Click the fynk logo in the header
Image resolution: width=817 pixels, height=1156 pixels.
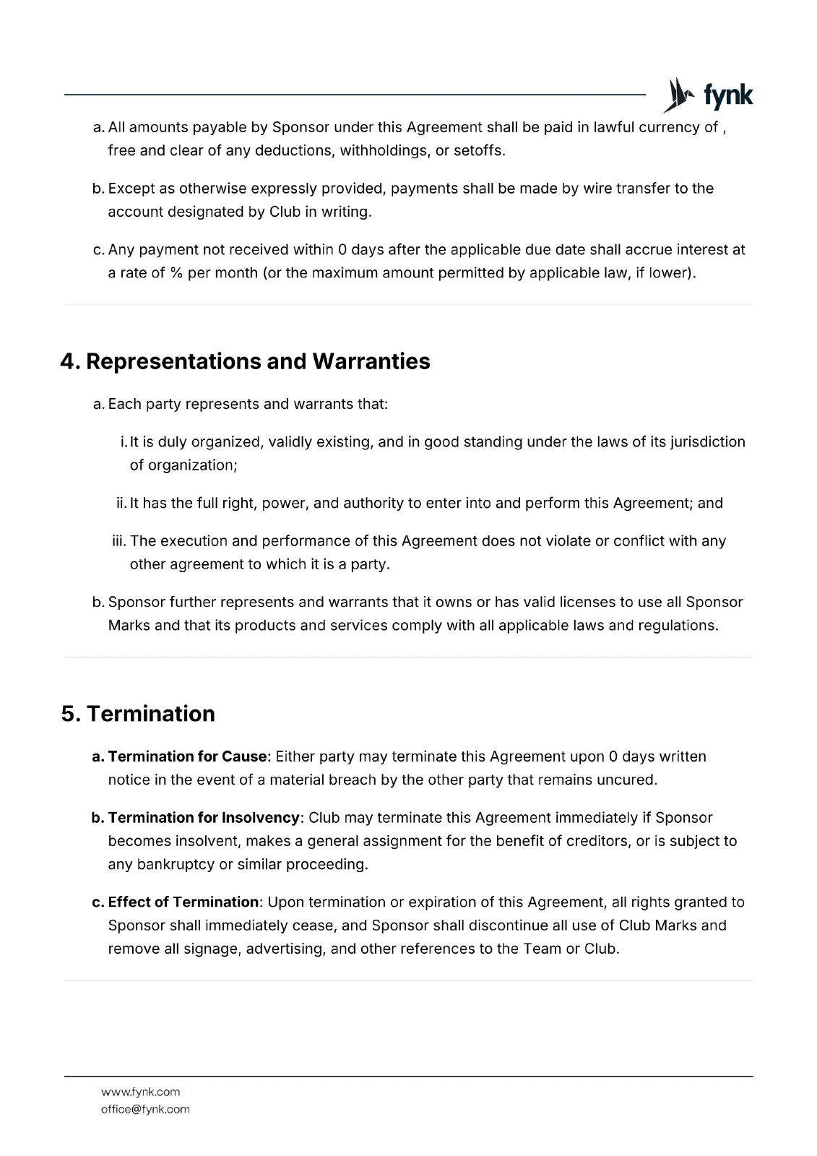[x=708, y=95]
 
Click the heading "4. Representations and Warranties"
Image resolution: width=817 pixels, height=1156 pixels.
[x=245, y=361]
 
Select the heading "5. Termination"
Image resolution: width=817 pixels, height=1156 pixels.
[x=138, y=714]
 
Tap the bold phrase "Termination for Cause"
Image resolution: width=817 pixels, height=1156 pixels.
[x=187, y=756]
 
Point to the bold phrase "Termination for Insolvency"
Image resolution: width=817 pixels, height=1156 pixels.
[x=203, y=818]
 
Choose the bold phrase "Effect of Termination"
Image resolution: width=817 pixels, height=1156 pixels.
[x=183, y=902]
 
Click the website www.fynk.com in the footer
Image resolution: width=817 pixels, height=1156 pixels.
[x=140, y=1092]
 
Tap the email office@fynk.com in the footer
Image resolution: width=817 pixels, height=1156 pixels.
[x=145, y=1109]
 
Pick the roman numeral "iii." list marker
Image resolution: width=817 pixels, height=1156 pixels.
[x=118, y=541]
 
